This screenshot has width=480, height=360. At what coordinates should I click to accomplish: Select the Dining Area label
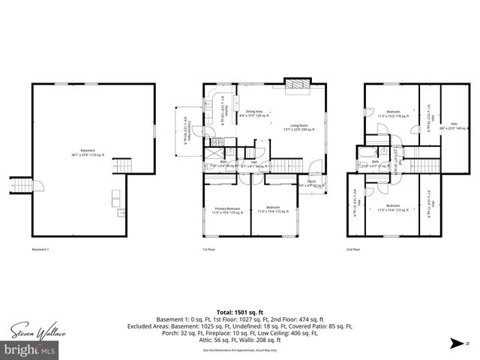[251, 114]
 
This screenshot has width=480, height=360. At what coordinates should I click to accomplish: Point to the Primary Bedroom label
[226, 210]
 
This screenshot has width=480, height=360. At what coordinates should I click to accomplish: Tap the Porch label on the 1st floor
[310, 182]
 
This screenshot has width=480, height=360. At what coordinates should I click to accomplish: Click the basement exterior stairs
[21, 185]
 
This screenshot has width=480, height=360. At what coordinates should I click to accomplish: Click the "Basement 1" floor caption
[40, 249]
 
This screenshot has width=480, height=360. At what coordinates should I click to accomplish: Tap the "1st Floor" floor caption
[208, 249]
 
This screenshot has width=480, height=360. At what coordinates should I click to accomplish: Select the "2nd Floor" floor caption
[352, 249]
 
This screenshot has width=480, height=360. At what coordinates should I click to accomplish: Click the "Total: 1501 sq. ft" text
[239, 310]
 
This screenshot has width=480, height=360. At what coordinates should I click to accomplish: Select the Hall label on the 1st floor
[254, 161]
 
